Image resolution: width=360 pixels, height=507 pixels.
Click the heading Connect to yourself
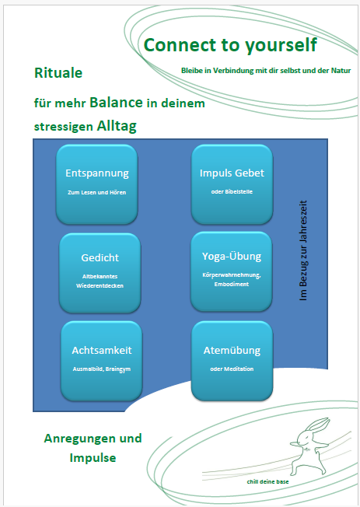230,45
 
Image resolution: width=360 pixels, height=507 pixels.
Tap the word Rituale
58,73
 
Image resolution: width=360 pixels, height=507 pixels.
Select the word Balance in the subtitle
116,103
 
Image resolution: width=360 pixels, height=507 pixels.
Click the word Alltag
117,126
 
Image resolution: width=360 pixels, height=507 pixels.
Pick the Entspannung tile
97,184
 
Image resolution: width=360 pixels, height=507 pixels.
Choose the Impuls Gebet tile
232,184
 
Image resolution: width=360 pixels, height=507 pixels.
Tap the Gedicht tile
100,273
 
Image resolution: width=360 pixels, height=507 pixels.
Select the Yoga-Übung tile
231,271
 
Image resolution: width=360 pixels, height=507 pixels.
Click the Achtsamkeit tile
102,361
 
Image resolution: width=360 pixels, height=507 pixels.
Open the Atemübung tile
232,361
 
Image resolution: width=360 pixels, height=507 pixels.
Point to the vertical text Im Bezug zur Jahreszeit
303,250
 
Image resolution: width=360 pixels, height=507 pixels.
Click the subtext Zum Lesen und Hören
96,192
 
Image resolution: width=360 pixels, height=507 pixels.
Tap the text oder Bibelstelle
232,192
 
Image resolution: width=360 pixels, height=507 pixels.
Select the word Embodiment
232,285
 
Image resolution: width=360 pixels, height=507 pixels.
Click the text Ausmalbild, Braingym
102,369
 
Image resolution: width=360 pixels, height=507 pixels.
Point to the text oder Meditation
232,369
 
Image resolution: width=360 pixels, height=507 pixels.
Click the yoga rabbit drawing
310,446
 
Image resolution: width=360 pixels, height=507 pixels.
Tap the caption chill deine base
267,482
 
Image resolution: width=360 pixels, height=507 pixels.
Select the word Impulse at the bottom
93,458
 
